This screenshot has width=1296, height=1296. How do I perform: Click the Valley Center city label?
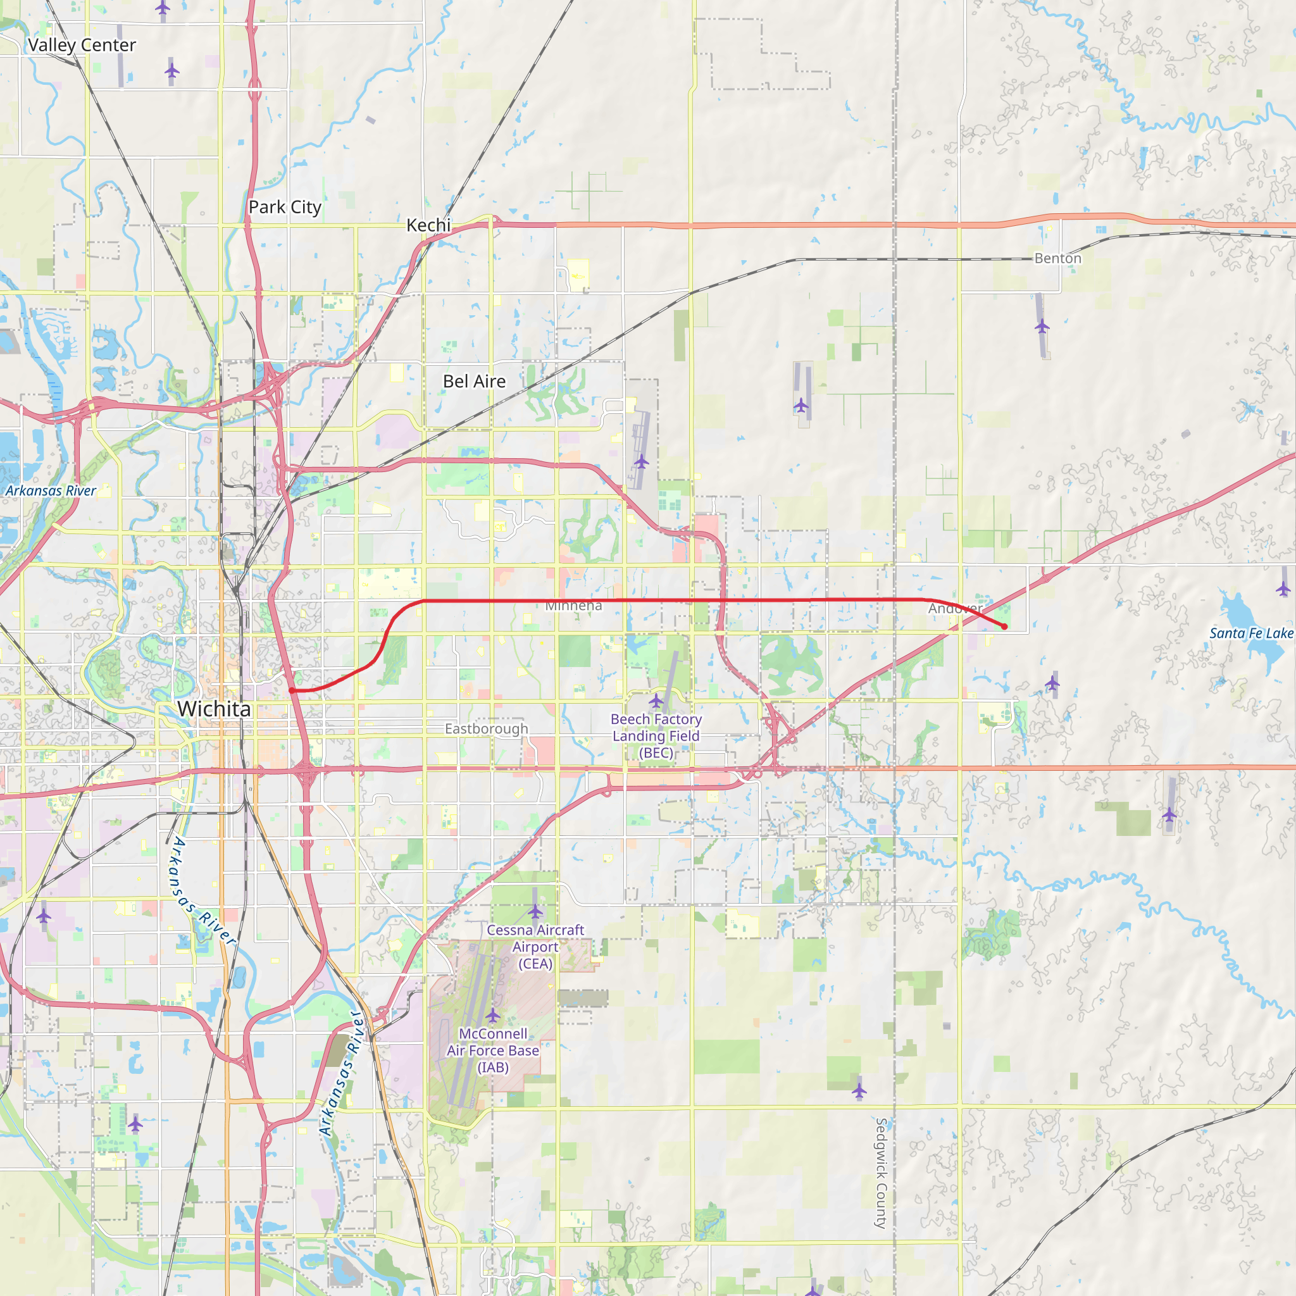click(x=82, y=45)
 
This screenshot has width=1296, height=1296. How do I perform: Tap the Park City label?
click(x=285, y=208)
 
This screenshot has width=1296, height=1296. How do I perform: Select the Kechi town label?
click(x=428, y=225)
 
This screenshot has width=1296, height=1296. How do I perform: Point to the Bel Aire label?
click(x=474, y=381)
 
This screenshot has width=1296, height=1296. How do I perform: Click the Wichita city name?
click(x=214, y=709)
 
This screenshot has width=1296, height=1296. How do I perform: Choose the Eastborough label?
click(x=487, y=728)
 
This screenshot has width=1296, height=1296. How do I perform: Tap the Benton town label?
click(x=1058, y=258)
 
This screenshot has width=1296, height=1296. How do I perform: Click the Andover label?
click(x=955, y=608)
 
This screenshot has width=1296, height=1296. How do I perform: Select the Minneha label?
click(x=573, y=606)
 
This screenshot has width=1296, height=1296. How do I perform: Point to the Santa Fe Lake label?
click(x=1251, y=633)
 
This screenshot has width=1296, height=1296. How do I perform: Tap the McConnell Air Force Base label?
click(x=493, y=1050)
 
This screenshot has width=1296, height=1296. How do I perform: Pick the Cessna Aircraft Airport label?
click(x=535, y=947)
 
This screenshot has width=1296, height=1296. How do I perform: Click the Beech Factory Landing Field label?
click(x=656, y=736)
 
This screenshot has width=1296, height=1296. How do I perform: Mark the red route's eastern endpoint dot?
click(x=1004, y=626)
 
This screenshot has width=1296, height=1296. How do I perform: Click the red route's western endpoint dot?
click(x=292, y=690)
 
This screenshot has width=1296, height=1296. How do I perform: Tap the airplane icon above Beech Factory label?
click(x=656, y=702)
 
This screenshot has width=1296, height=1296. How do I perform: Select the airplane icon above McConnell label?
click(x=493, y=1014)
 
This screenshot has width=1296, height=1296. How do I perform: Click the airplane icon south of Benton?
click(x=1042, y=327)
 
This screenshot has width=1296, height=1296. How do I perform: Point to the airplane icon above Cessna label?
click(x=535, y=911)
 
